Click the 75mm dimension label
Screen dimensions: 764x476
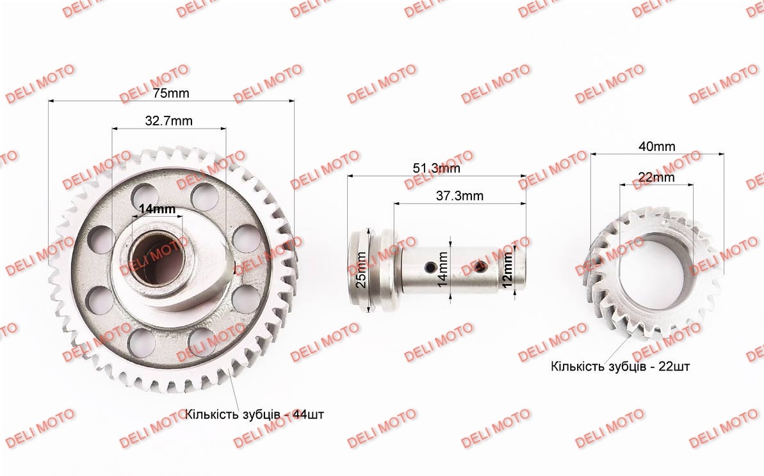[171, 93]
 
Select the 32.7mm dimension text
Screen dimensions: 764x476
[168, 121]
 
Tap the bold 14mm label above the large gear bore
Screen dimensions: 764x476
[157, 209]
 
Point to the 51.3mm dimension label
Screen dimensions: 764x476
[437, 168]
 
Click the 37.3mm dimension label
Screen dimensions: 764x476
[459, 196]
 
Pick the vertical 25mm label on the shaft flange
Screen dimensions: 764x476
[361, 269]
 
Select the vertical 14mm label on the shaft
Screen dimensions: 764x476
[443, 269]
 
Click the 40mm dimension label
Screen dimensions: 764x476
[657, 146]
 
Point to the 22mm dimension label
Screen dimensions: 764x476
[656, 177]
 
